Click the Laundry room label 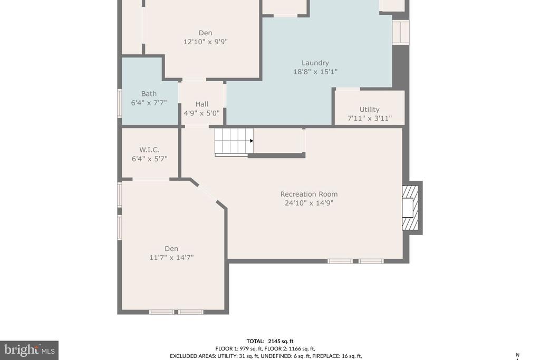click(x=315, y=63)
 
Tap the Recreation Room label click(x=309, y=194)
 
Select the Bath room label click(x=149, y=94)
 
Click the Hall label click(x=202, y=104)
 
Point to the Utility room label click(x=370, y=110)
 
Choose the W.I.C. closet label click(x=149, y=150)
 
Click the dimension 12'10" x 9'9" click(x=205, y=42)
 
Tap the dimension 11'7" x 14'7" click(x=171, y=257)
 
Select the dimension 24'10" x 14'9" click(x=309, y=203)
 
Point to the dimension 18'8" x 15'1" click(x=315, y=72)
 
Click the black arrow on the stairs click(x=252, y=141)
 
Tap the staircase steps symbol click(x=234, y=142)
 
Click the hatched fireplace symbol click(x=410, y=208)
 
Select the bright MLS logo click(x=30, y=351)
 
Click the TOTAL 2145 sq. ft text click(x=270, y=342)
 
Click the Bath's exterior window click(x=120, y=103)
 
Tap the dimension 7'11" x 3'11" click(x=370, y=119)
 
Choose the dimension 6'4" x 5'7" click(x=149, y=159)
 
